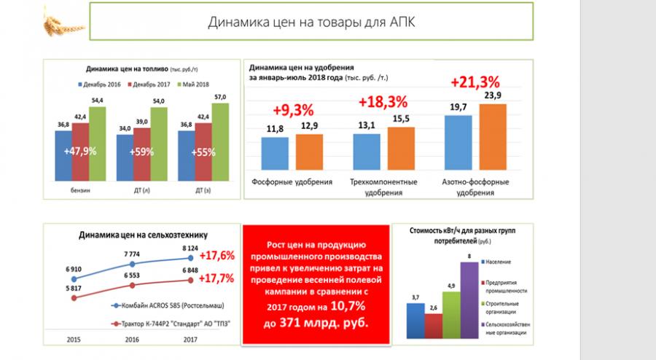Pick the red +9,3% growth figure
[x=293, y=110]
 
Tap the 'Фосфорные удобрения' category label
[x=292, y=181]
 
